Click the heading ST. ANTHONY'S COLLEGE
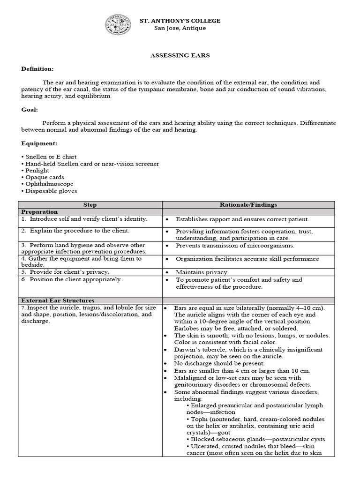tap(180, 21)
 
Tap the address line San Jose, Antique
tap(180, 28)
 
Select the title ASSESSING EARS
tap(180, 55)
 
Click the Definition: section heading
tap(37, 69)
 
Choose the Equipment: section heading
tap(38, 143)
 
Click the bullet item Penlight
tap(37, 171)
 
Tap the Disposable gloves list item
tap(51, 191)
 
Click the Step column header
tap(90, 205)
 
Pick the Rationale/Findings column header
tap(248, 205)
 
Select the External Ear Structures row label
tap(57, 300)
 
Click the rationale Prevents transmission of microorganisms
tap(235, 246)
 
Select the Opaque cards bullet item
tap(41, 177)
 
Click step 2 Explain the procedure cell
tap(75, 231)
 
